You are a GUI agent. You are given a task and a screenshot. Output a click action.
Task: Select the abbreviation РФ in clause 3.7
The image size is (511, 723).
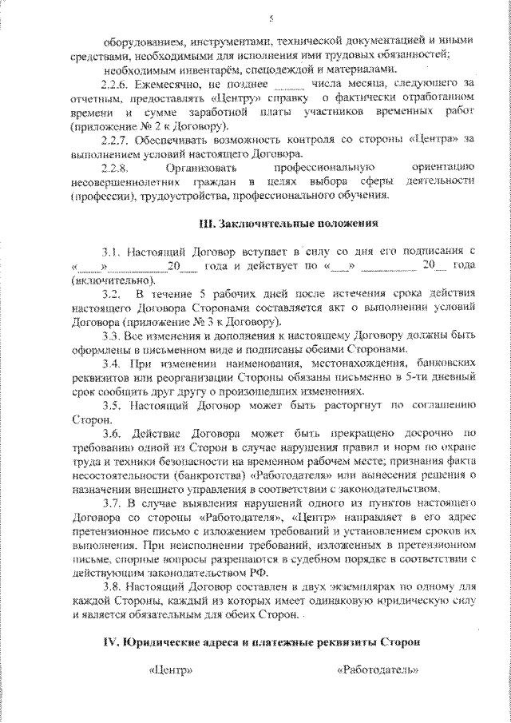tap(260, 574)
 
